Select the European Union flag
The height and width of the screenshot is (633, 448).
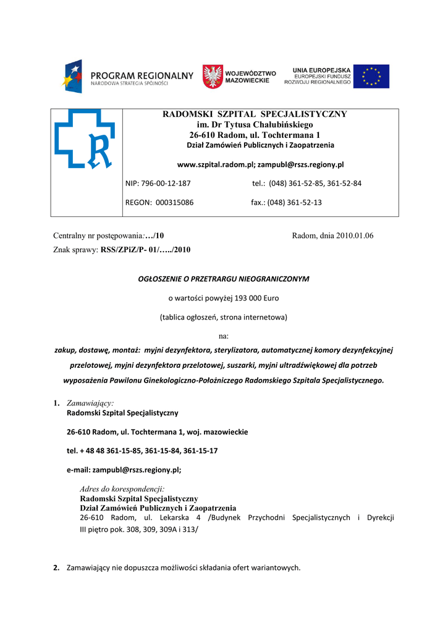point(371,76)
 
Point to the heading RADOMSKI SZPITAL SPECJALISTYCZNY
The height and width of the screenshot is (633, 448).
point(255,114)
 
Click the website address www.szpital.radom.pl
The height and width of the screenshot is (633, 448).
point(215,165)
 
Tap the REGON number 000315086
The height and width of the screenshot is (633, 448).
point(173,202)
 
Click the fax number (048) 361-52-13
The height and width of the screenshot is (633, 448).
point(294,202)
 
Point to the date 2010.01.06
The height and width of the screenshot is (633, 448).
point(355,236)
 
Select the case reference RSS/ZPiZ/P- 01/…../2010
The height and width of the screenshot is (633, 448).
point(146,250)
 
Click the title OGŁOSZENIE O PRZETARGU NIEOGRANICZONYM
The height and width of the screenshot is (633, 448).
point(223,279)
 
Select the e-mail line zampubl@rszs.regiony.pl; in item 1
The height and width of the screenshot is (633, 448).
point(124,470)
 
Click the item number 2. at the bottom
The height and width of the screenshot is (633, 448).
point(57,568)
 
